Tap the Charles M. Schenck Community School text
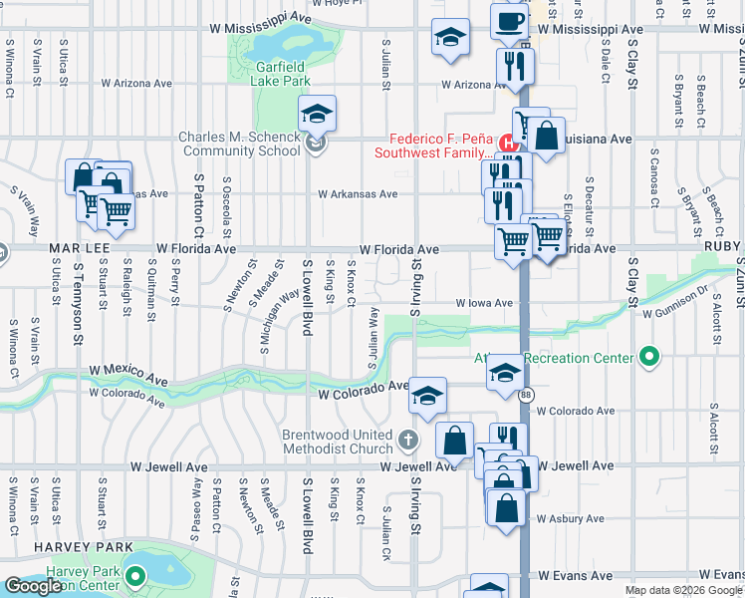tap(239, 145)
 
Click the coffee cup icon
tap(509, 21)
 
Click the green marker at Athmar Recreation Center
tap(650, 357)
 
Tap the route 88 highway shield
tap(524, 396)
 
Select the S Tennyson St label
tap(77, 305)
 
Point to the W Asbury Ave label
tap(570, 518)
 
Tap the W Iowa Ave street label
tap(484, 303)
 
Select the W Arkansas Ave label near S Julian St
tap(357, 194)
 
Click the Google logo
tap(33, 586)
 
